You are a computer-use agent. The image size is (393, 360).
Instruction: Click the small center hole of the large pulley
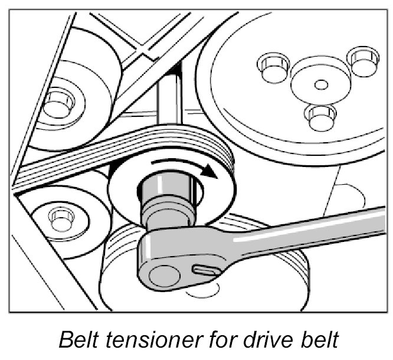pyautogui.click(x=321, y=84)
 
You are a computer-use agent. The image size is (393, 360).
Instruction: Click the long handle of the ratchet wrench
pyautogui.click(x=307, y=233)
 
